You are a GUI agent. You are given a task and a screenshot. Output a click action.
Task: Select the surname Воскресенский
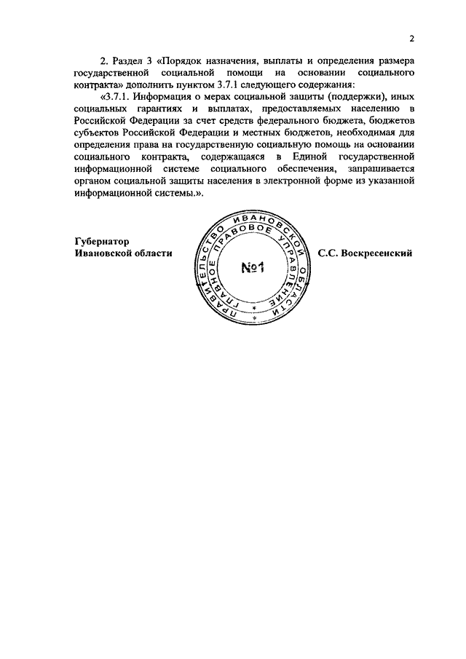(377, 253)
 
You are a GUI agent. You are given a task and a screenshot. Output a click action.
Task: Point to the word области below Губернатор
(149, 253)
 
